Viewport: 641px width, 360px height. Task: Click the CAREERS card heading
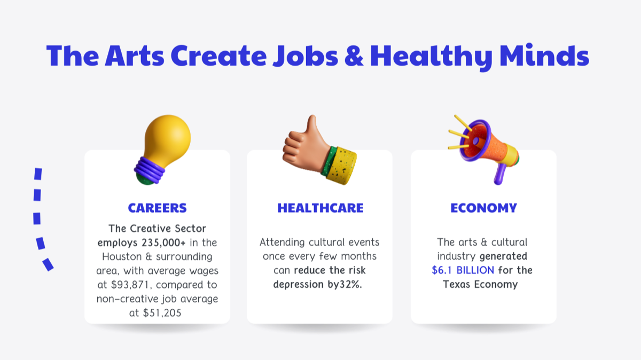[x=157, y=208]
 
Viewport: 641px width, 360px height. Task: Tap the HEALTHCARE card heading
[x=320, y=208]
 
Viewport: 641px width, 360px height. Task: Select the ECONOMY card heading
[x=483, y=208]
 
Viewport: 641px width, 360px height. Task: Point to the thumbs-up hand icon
[x=319, y=150]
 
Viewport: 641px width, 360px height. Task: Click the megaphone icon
[x=483, y=150]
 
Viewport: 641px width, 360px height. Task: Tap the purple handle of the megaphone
[x=499, y=174]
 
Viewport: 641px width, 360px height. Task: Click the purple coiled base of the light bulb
[x=150, y=170]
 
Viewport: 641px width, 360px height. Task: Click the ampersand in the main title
[x=354, y=56]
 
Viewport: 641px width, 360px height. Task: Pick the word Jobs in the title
[x=306, y=56]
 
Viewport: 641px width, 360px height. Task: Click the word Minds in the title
[x=544, y=55]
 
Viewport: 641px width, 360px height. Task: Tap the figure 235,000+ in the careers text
[x=163, y=242]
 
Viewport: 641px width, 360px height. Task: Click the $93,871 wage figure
[x=130, y=285]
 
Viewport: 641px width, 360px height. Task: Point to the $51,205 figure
[x=162, y=313]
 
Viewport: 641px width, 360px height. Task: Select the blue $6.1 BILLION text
[x=463, y=270]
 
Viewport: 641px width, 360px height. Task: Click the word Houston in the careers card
[x=122, y=257]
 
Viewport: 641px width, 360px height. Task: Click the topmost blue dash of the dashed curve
[x=38, y=174]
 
